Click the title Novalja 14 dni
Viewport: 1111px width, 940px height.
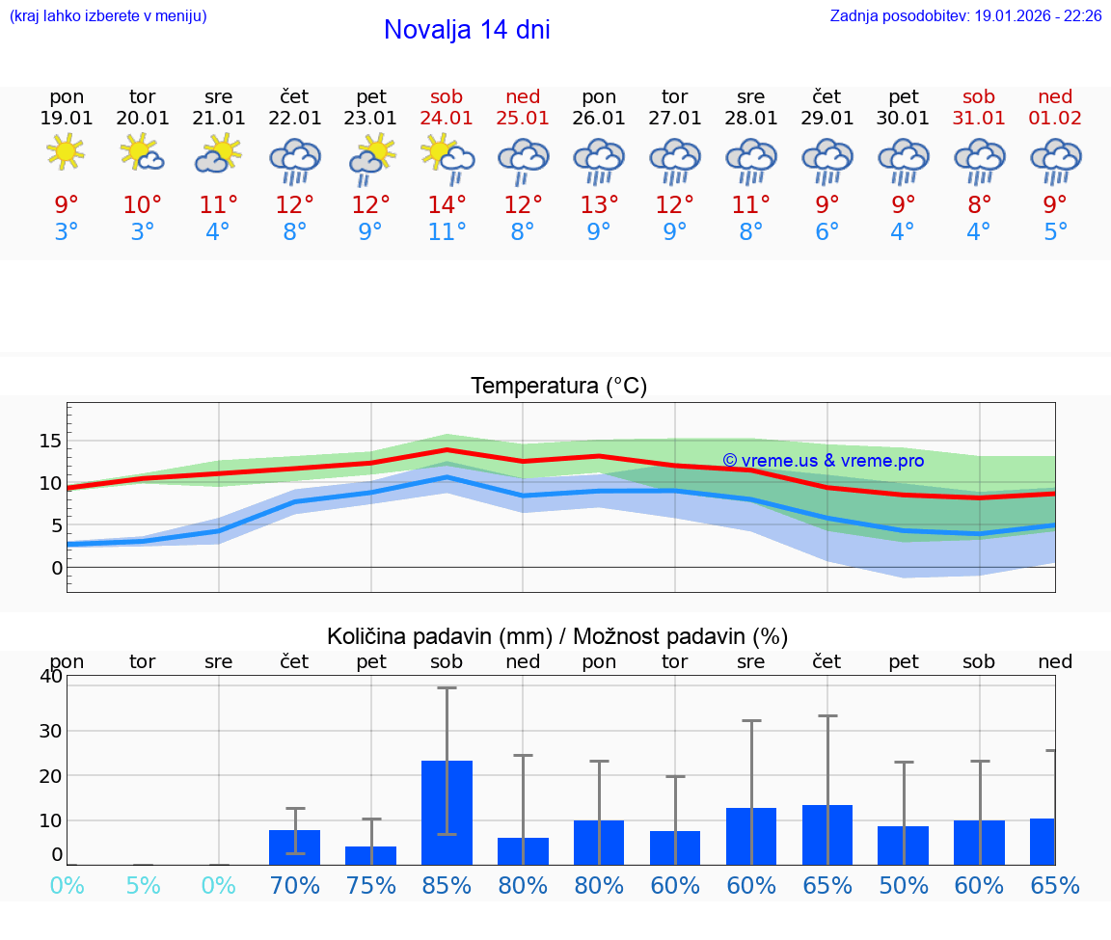(x=467, y=30)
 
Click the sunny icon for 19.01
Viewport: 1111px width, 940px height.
(x=67, y=152)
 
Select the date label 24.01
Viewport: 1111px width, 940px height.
(x=447, y=119)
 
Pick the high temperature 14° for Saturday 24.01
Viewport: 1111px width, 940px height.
(x=447, y=204)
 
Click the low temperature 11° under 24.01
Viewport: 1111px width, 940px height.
(x=447, y=231)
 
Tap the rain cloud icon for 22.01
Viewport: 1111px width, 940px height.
(x=295, y=160)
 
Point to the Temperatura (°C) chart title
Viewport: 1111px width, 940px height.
(x=558, y=386)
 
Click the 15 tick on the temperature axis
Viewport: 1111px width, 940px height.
(x=50, y=441)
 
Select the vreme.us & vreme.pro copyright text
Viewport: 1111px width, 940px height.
(x=824, y=461)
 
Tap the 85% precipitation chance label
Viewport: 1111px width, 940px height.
(x=447, y=885)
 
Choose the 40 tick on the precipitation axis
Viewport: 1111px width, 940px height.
(x=50, y=676)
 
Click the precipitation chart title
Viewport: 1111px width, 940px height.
(x=557, y=636)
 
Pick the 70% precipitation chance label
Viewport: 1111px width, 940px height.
(x=295, y=885)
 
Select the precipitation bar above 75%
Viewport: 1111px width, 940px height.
(x=371, y=855)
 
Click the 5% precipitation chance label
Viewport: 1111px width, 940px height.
(x=143, y=885)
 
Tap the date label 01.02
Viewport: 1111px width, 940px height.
(x=1055, y=119)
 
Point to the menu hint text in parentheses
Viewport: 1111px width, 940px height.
(x=108, y=15)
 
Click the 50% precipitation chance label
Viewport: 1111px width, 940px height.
(x=904, y=885)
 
